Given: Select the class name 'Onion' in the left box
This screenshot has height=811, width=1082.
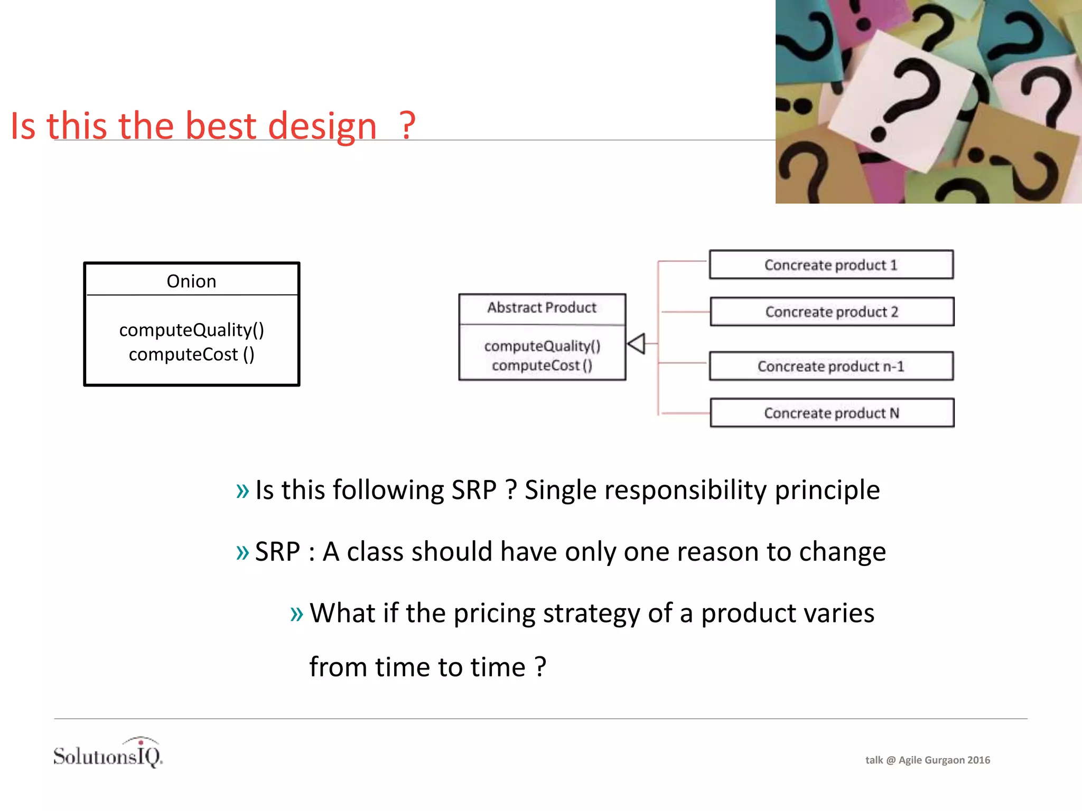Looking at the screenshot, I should pos(191,281).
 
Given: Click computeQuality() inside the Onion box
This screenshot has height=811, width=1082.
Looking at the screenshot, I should pos(191,330).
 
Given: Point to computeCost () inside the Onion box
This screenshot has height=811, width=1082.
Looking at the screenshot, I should pos(191,354).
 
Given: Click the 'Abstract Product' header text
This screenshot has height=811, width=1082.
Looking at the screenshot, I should pos(542,307).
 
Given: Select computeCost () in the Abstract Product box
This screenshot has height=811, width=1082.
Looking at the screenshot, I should pos(542,365).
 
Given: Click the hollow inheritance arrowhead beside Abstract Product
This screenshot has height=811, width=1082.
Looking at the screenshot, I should pos(636,344).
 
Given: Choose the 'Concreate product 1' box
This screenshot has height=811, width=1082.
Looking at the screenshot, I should pos(831,265).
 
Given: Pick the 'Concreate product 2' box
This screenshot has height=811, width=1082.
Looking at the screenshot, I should pos(832,312).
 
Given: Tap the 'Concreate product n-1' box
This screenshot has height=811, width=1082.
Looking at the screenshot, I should pos(831,366).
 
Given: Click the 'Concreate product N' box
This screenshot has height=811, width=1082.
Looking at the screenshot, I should pos(832,413).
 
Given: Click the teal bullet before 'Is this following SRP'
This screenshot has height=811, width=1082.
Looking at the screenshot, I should pos(242,491).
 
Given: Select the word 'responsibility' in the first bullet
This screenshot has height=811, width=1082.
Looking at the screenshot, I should pos(685,490).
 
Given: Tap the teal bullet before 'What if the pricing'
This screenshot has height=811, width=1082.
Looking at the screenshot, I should pos(297,614).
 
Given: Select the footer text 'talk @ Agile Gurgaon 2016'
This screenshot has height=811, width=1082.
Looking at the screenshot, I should pos(927,760).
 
